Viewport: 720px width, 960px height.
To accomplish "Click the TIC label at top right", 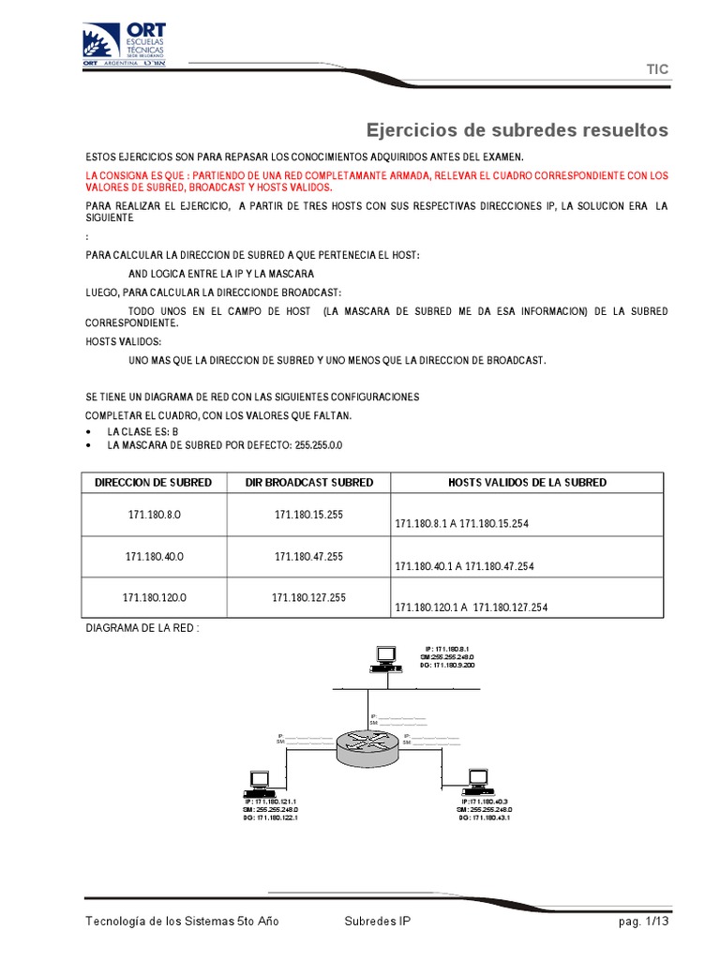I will [657, 69].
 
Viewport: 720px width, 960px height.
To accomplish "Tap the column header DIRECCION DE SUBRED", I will [154, 482].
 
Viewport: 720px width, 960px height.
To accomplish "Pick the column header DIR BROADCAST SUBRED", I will [309, 482].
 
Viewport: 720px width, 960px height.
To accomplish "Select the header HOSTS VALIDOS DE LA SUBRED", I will [527, 482].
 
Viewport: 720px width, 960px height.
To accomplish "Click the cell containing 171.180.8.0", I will [154, 515].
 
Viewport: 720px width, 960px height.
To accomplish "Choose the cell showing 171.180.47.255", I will [309, 556].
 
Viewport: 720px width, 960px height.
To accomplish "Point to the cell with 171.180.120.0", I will [154, 597].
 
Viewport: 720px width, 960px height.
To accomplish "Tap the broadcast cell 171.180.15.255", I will [309, 515].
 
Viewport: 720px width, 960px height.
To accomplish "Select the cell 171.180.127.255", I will [309, 597].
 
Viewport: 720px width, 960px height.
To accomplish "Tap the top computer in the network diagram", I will [385, 658].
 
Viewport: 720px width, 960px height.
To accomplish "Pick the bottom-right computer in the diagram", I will [478, 780].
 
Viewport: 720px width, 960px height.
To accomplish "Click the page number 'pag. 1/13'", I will [642, 922].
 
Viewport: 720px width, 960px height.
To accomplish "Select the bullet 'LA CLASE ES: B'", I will [142, 431].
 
